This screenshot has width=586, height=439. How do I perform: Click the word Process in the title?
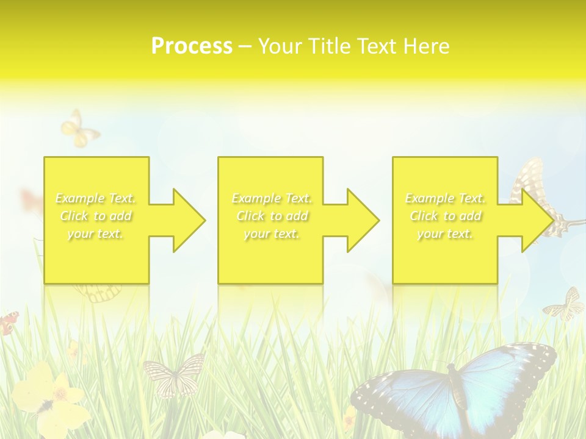[x=192, y=46]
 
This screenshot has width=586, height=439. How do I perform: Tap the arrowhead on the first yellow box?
[x=183, y=220]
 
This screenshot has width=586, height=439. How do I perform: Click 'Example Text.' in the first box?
[x=96, y=198]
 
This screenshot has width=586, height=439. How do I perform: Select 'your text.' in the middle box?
[x=272, y=234]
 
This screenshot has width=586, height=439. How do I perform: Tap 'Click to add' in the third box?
[x=446, y=216]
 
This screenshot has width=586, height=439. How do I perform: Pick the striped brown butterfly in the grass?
[x=173, y=373]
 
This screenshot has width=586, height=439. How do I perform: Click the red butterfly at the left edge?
[x=9, y=322]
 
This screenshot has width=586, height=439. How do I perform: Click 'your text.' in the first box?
[x=96, y=234]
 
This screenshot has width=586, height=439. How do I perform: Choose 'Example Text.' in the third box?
[x=446, y=198]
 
